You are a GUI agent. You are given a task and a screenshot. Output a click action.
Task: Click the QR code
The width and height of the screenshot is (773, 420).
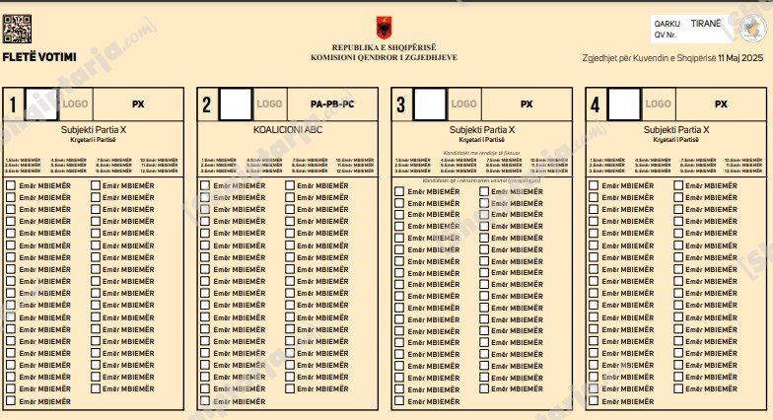[18, 30]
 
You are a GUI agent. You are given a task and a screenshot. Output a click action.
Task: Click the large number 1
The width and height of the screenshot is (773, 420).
[13, 104]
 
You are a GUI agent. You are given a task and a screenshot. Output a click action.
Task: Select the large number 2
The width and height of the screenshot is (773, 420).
[206, 104]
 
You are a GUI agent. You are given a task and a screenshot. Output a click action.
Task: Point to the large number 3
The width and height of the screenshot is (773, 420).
[399, 104]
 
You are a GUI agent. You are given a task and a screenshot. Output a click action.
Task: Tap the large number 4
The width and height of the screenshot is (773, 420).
[594, 104]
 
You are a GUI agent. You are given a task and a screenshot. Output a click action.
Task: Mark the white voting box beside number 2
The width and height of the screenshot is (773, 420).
[236, 103]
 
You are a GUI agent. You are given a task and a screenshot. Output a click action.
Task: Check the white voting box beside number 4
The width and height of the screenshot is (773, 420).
[623, 103]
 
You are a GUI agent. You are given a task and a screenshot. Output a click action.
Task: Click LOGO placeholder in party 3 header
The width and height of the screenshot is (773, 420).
[463, 104]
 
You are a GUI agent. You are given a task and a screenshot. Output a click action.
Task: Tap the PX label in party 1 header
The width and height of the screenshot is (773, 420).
[139, 104]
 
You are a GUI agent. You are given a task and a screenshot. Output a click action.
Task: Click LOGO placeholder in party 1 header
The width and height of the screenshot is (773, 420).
[75, 104]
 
